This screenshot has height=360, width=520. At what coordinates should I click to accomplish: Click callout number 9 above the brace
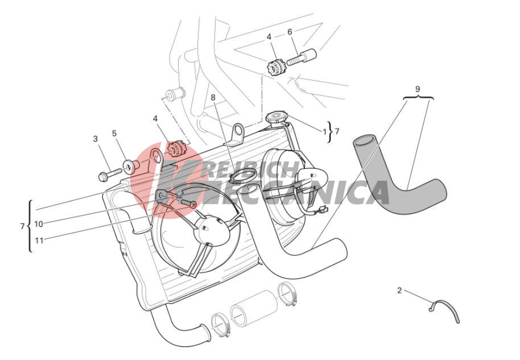[418, 89]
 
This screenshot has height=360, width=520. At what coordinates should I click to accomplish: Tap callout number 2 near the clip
[399, 291]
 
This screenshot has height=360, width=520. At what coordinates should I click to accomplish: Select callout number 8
[213, 97]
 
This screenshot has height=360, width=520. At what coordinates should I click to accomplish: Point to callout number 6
[290, 32]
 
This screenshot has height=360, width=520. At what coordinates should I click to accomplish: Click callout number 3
[96, 139]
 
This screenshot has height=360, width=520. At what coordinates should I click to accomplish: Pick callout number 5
[114, 133]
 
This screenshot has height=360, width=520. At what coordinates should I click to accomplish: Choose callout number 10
[39, 224]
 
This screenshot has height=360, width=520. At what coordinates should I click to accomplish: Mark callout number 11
[39, 241]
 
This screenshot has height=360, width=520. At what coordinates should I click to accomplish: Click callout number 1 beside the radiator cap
[325, 131]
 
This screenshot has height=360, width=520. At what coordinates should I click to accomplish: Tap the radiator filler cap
[277, 117]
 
